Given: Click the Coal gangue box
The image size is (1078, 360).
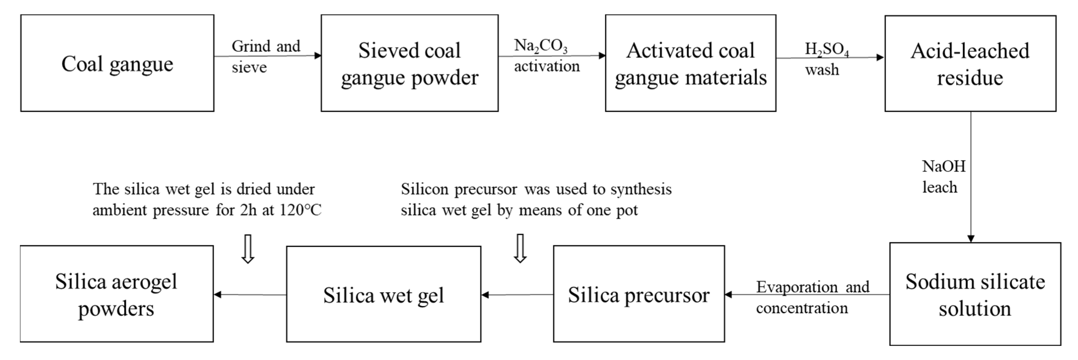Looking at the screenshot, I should point(117,63).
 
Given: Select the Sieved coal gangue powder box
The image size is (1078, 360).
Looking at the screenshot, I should point(409,63).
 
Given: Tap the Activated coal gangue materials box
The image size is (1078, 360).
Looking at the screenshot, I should point(690,63).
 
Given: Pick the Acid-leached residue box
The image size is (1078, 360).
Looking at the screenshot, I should point(970,64).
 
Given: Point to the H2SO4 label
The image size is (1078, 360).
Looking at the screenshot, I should point(827,49).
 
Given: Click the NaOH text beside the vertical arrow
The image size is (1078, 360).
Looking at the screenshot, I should point(944,167).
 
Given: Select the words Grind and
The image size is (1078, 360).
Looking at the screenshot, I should point(266,46).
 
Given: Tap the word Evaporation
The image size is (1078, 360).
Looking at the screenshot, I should point(797,287).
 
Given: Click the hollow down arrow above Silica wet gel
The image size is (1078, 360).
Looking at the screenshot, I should point(520,248).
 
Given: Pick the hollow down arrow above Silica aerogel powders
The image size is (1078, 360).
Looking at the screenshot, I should point(248,249).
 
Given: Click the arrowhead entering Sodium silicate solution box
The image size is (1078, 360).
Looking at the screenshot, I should point(971,239).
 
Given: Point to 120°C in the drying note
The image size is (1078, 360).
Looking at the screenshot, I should point(301,210).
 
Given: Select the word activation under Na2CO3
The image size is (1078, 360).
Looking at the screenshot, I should point(547,66).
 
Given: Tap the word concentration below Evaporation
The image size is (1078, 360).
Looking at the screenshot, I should point(802,308).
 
